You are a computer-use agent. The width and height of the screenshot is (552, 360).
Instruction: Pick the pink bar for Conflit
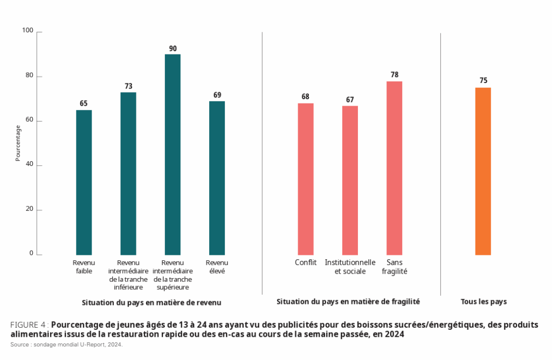click(306, 179)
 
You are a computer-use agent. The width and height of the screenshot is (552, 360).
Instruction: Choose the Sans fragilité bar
click(394, 168)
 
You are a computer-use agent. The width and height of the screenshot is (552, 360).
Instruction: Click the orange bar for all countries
click(483, 171)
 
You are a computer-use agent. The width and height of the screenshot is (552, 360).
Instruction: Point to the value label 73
click(128, 86)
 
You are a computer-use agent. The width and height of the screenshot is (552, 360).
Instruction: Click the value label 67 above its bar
click(350, 100)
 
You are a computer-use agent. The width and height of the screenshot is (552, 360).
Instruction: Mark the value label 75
click(484, 81)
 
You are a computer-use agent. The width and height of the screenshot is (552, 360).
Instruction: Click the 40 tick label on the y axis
click(30, 165)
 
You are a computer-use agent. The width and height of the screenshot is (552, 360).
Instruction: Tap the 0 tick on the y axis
click(31, 253)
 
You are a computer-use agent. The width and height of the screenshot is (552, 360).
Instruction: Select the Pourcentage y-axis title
click(18, 143)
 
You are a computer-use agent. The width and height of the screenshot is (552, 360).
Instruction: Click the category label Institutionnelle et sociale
click(350, 267)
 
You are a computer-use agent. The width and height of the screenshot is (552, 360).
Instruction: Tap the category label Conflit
click(306, 262)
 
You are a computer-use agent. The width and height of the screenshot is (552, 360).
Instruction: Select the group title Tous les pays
click(484, 302)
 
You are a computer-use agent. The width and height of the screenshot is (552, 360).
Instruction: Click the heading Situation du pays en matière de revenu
click(151, 302)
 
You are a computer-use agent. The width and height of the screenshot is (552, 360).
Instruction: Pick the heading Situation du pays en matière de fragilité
click(348, 301)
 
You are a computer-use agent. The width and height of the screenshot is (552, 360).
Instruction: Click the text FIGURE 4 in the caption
click(28, 325)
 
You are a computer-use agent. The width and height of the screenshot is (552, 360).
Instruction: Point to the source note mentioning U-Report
click(66, 344)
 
